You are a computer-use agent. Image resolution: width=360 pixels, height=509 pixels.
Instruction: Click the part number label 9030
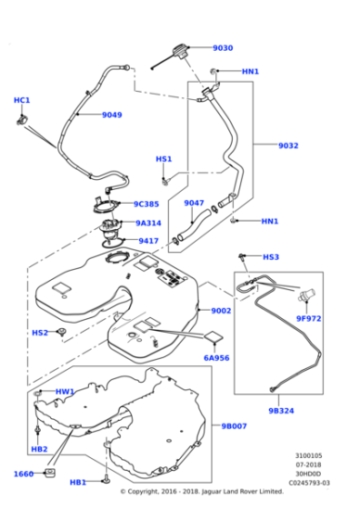[x=223, y=47]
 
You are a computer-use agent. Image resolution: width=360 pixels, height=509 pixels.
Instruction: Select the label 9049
[x=112, y=115]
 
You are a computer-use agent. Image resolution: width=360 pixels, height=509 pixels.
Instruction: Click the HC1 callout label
[x=21, y=100]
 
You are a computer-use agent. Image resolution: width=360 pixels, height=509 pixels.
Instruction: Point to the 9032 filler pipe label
[x=262, y=144]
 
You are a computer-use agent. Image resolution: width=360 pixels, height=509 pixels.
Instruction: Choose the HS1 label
[x=164, y=159]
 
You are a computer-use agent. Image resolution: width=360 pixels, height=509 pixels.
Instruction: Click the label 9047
[x=194, y=203]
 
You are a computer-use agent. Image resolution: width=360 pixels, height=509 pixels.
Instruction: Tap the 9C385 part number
[x=145, y=205]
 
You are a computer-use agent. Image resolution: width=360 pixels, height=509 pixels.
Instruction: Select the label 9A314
[x=148, y=223]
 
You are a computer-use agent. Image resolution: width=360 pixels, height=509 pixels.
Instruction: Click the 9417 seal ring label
[x=148, y=241]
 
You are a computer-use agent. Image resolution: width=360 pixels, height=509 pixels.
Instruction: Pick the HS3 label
[x=271, y=257]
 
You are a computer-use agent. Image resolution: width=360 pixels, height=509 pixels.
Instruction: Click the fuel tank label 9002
[x=221, y=311]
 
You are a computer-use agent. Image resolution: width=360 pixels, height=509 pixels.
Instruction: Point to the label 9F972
[x=308, y=318]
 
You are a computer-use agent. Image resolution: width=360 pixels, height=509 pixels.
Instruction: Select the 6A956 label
[x=215, y=359]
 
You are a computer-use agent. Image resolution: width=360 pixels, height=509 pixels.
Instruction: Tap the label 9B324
[x=281, y=410]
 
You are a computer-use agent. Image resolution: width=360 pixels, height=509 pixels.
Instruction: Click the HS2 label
[x=39, y=333]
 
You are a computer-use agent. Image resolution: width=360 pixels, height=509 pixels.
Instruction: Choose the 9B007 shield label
[x=235, y=425]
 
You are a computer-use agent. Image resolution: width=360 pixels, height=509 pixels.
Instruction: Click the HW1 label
[x=65, y=392]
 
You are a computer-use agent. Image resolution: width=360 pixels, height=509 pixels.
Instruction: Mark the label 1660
[x=24, y=474]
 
